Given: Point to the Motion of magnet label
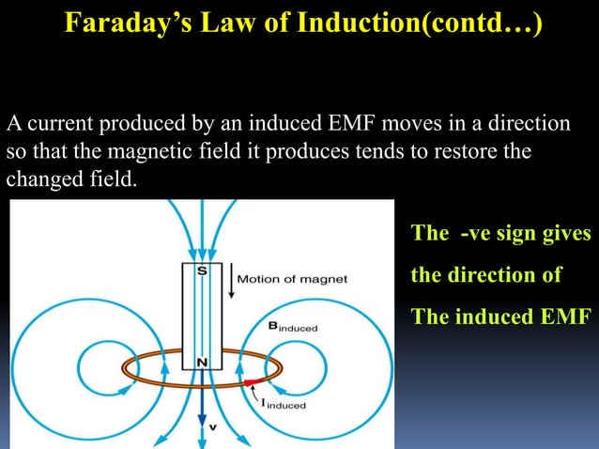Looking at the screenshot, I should [x=292, y=279].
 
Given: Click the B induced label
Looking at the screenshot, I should [x=293, y=327].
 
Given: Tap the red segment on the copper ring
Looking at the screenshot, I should [x=253, y=382].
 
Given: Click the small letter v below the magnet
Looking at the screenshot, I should [x=212, y=427].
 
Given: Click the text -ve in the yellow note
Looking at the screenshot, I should [x=479, y=234].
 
